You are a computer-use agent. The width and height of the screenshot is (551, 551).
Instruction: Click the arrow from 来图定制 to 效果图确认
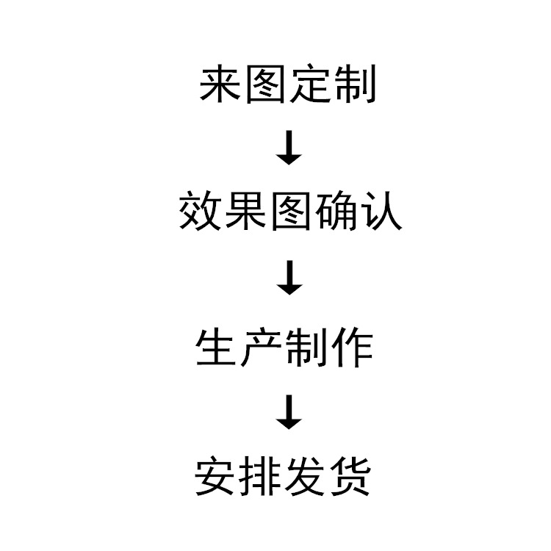tap(290, 148)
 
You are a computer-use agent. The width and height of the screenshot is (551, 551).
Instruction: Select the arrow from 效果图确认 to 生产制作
tap(290, 279)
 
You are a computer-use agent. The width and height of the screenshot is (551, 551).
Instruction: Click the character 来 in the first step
tap(221, 85)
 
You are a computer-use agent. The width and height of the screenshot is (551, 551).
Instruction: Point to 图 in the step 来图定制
tap(266, 85)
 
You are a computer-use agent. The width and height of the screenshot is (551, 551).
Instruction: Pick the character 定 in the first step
tap(311, 85)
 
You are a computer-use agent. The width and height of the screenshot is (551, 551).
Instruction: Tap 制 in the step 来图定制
tap(356, 85)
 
